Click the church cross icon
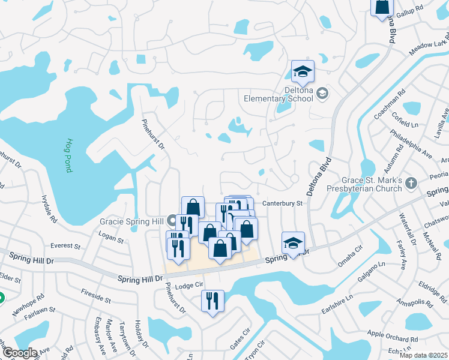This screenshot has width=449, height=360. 411,182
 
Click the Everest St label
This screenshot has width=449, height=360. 65,246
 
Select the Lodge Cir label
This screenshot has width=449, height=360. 190,285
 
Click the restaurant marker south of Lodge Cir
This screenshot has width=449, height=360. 212,299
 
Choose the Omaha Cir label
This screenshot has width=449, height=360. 351,253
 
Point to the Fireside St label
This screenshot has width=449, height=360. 95,295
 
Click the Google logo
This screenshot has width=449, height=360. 19,352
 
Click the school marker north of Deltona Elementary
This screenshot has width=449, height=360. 303,71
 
